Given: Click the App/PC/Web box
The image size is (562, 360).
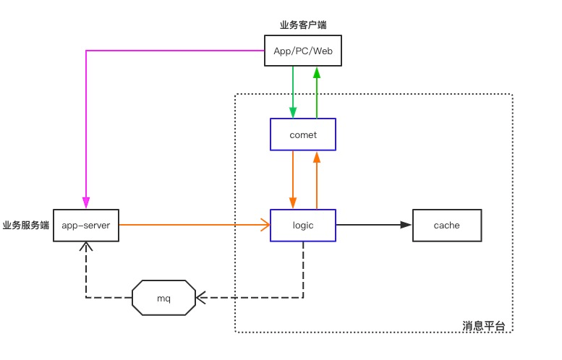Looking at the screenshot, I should (x=303, y=51).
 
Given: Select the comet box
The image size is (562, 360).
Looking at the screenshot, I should (x=303, y=135).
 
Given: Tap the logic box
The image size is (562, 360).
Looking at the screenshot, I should (x=303, y=226).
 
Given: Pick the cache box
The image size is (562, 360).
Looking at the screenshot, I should (x=446, y=226).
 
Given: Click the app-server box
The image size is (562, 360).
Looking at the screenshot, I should (x=86, y=226).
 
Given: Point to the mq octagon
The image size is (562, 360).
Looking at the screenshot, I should (x=163, y=297).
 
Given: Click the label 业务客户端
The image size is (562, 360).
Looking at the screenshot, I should (x=303, y=25).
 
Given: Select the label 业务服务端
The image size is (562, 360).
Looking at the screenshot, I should (x=26, y=226).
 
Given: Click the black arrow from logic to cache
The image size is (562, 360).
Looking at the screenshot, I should (x=372, y=226).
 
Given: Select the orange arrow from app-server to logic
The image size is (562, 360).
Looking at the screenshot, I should (x=192, y=226).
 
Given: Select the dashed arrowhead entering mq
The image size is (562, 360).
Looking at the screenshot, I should (x=201, y=297).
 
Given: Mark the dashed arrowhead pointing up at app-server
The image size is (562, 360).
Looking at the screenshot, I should (x=86, y=247).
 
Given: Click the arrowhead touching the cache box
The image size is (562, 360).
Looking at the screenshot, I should (x=406, y=226).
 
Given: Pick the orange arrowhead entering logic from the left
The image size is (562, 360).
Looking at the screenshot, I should (x=265, y=226).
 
